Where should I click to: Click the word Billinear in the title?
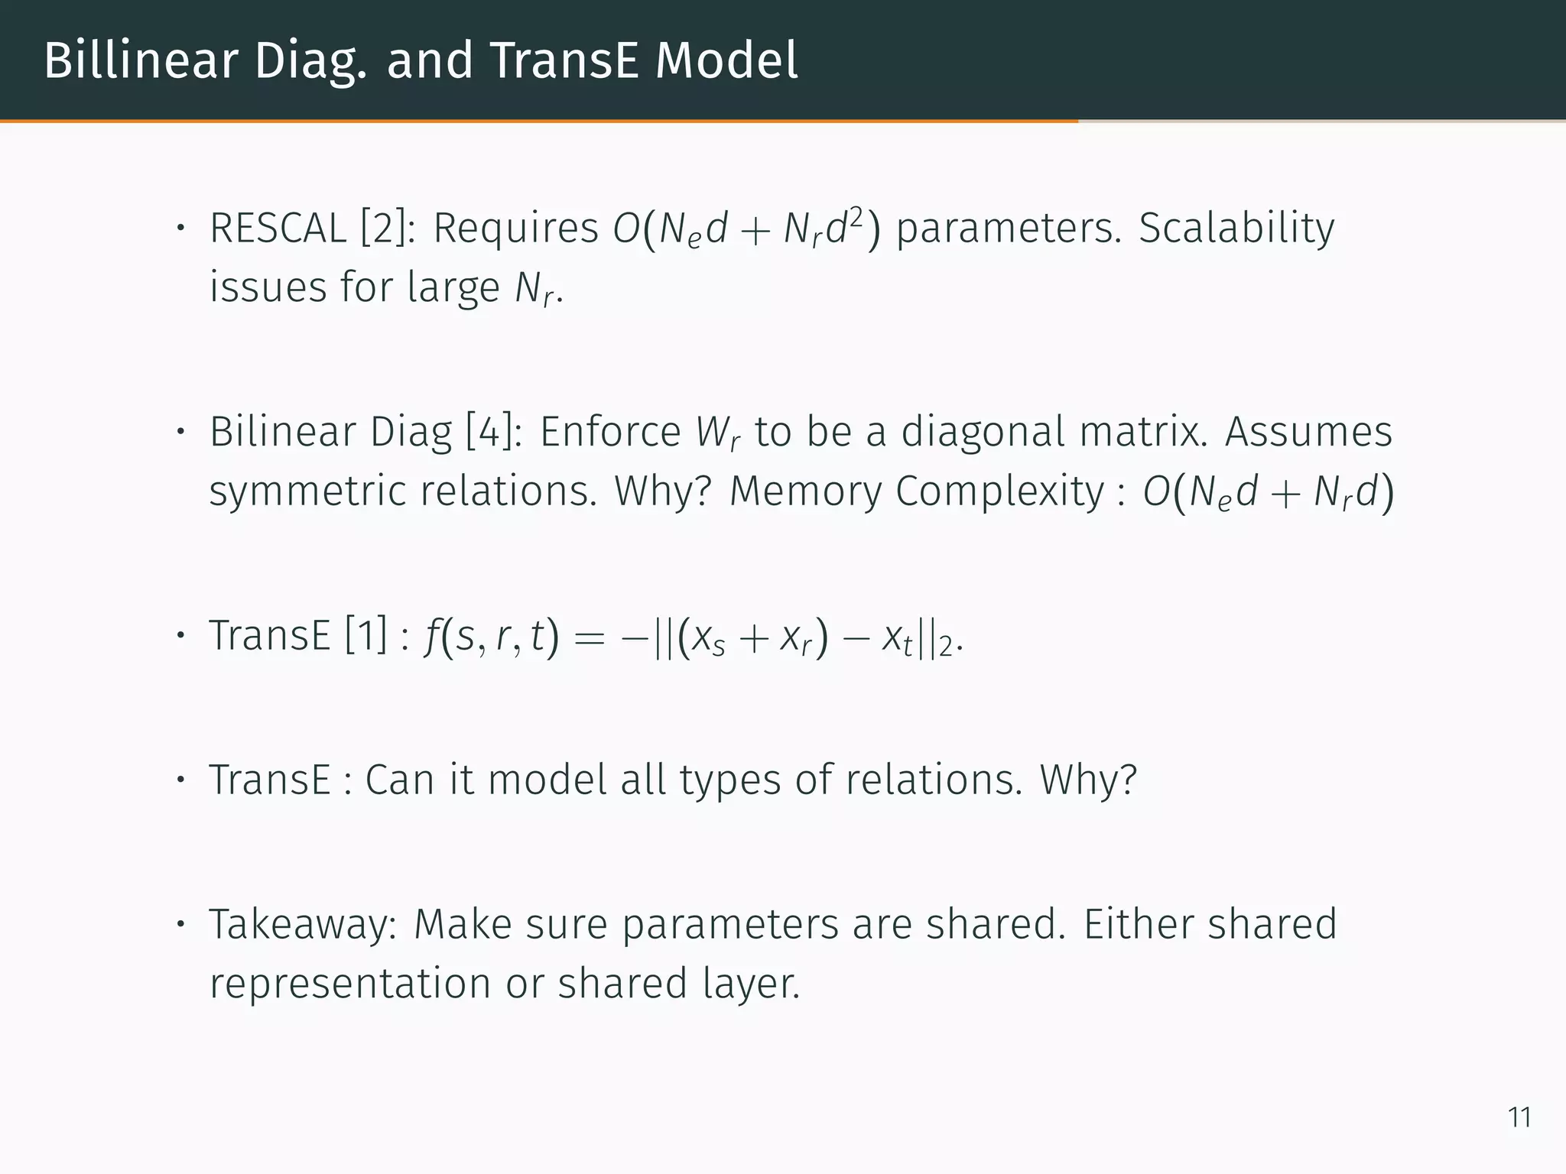click(x=141, y=60)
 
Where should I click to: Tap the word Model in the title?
click(x=726, y=60)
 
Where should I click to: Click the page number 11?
click(x=1519, y=1117)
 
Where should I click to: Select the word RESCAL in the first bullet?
click(x=278, y=229)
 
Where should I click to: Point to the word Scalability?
click(x=1236, y=229)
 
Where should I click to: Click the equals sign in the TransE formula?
click(x=588, y=638)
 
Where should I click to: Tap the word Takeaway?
click(x=303, y=925)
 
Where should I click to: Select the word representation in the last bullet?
click(x=349, y=983)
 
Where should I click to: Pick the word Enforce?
click(x=610, y=432)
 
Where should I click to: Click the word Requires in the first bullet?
click(x=515, y=229)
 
